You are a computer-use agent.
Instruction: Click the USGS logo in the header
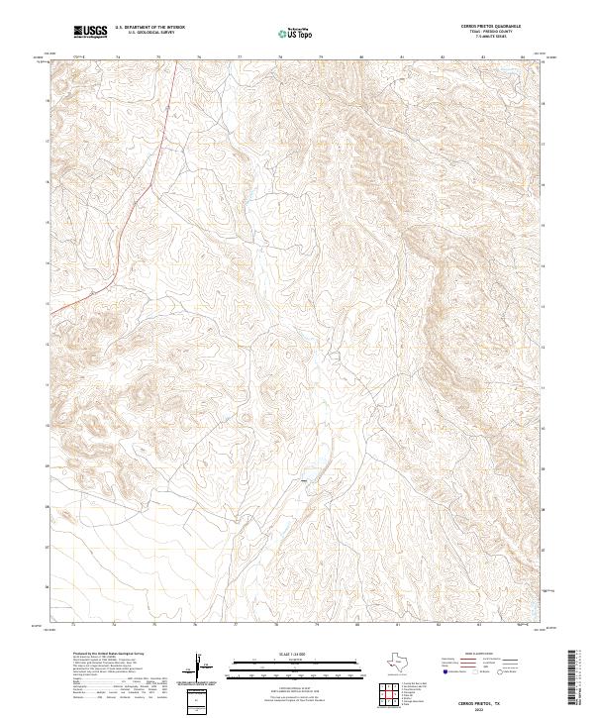pos(91,32)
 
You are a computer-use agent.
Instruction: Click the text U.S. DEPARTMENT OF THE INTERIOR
pos(148,28)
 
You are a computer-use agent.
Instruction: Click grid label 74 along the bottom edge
pos(115,625)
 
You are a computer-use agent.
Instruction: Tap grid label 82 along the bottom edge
pos(439,625)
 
